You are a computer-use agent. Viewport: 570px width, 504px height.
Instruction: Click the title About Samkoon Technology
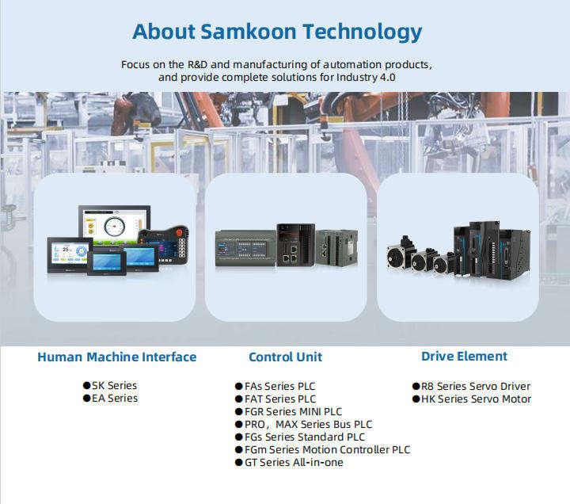click(276, 32)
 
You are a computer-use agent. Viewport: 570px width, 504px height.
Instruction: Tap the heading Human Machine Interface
click(116, 357)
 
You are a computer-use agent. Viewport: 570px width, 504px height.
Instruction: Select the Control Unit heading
click(285, 357)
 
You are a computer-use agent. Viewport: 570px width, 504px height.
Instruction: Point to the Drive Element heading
click(464, 356)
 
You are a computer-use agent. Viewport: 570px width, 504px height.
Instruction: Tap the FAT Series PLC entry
click(280, 399)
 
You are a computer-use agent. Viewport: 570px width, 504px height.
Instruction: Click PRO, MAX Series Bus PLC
click(308, 424)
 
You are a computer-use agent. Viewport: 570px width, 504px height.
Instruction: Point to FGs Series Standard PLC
click(305, 437)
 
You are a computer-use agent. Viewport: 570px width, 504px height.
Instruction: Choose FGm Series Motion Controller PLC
click(327, 449)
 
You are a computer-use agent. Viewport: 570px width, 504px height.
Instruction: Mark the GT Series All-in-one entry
click(294, 462)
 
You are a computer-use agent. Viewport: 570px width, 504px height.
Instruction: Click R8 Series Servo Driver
click(475, 386)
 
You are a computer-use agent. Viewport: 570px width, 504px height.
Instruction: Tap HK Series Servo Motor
click(476, 399)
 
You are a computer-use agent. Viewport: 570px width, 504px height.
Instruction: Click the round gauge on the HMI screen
click(117, 224)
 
